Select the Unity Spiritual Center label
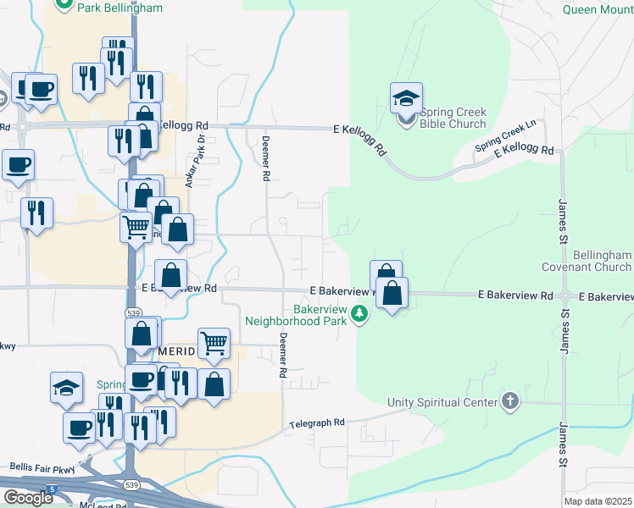(x=442, y=401)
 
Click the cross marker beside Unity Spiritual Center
(x=509, y=400)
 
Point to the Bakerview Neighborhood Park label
(x=296, y=315)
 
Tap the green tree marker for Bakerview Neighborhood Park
(x=361, y=315)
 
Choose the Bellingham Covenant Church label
(x=589, y=261)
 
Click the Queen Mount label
(x=598, y=9)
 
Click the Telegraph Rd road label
(x=317, y=422)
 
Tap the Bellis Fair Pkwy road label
(x=42, y=467)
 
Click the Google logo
(x=28, y=498)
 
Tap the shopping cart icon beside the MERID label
(x=214, y=343)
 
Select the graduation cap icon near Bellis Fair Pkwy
(x=66, y=387)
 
